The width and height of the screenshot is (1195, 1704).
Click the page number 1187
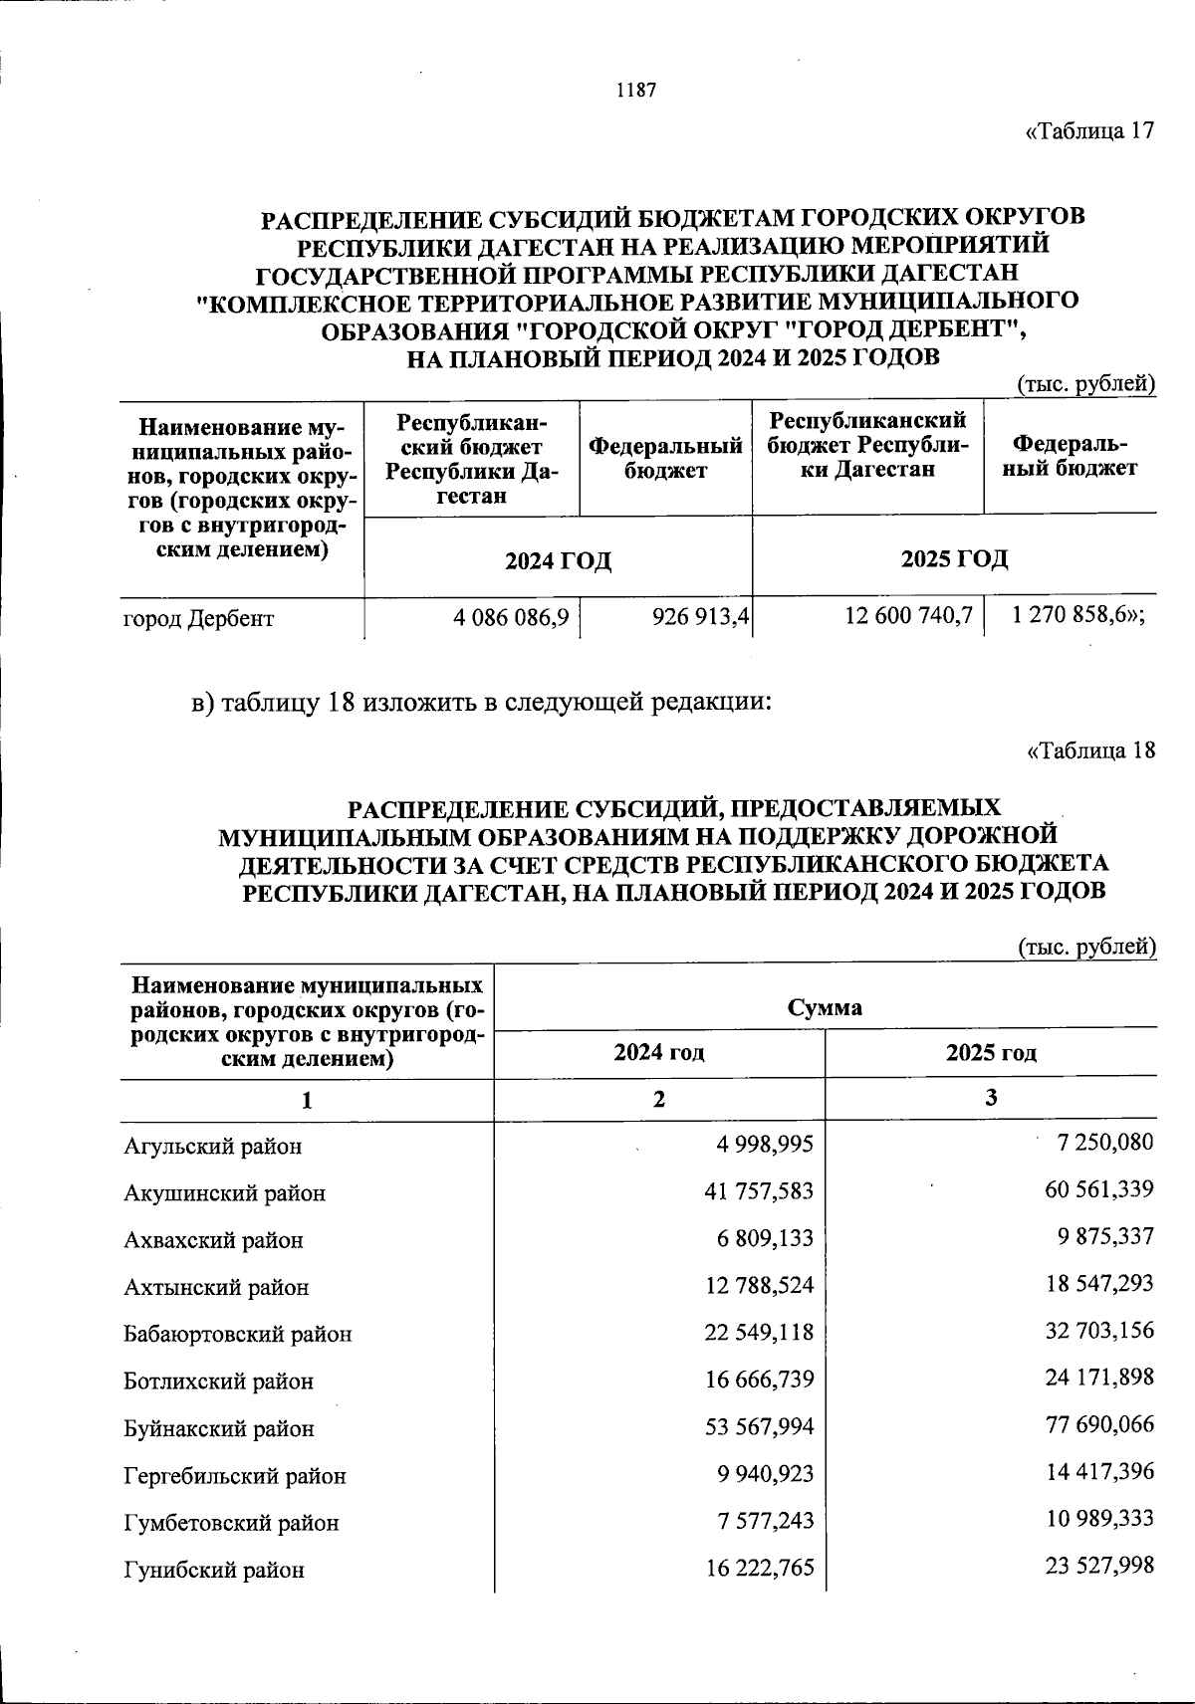pyautogui.click(x=636, y=91)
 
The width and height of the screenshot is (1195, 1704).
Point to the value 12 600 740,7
pyautogui.click(x=908, y=617)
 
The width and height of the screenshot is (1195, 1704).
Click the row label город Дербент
pyautogui.click(x=198, y=619)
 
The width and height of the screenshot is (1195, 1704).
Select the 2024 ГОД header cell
pyautogui.click(x=558, y=560)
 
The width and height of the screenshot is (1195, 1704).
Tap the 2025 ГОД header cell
pyautogui.click(x=954, y=558)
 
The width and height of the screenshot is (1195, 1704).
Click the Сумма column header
pyautogui.click(x=825, y=1007)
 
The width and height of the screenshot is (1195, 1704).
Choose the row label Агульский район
pyautogui.click(x=212, y=1146)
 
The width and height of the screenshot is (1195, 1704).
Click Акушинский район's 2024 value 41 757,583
pyautogui.click(x=759, y=1191)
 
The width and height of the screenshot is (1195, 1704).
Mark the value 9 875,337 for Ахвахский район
pyautogui.click(x=1099, y=1236)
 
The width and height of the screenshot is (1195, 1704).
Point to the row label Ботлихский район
pyautogui.click(x=218, y=1382)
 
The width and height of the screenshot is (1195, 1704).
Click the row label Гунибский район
pyautogui.click(x=214, y=1570)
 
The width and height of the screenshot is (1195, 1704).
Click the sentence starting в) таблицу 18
pyautogui.click(x=482, y=703)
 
